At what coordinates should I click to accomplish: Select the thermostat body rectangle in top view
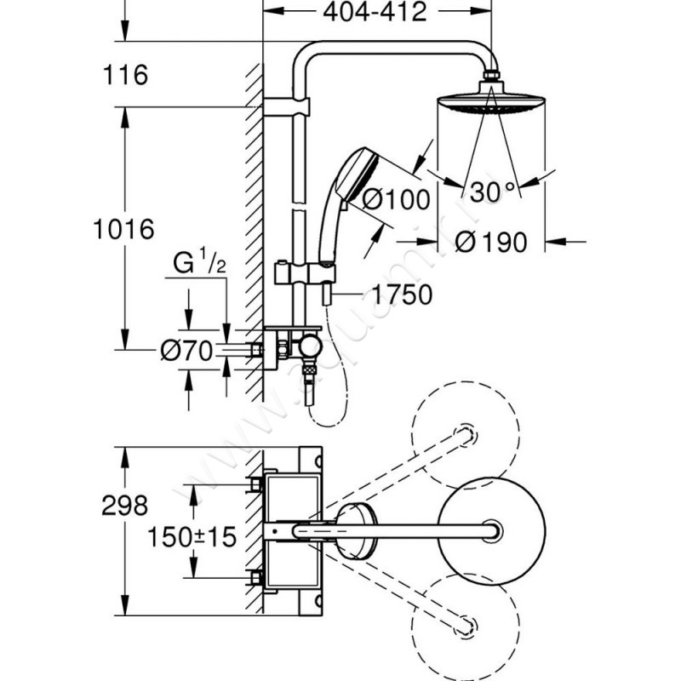pos(292,529)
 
